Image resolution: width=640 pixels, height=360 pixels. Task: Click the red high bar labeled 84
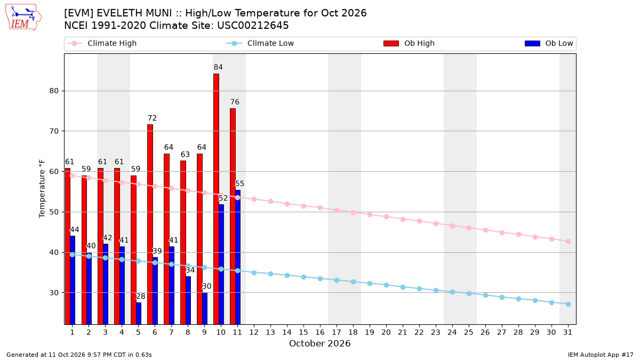(217, 199)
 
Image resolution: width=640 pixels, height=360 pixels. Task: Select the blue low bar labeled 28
(139, 314)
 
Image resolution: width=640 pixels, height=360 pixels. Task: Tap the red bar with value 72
(150, 225)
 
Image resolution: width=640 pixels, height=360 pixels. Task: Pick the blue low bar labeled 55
(238, 257)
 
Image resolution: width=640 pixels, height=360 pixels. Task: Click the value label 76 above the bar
(235, 102)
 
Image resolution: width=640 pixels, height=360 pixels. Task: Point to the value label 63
(185, 155)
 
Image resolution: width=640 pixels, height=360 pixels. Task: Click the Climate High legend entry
(102, 43)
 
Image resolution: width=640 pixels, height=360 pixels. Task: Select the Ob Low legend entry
(549, 43)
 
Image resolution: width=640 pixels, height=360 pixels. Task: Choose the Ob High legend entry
(409, 43)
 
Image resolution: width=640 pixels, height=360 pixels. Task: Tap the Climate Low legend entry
(260, 43)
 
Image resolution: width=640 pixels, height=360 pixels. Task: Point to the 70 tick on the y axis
(54, 131)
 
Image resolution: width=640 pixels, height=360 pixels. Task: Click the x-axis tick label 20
(386, 332)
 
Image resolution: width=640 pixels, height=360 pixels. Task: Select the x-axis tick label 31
(567, 332)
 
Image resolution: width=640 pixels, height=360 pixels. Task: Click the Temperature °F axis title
(42, 189)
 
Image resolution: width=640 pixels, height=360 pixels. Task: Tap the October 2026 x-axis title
(319, 343)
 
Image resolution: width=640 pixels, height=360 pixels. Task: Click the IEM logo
(23, 18)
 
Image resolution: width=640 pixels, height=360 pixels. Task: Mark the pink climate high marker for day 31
(568, 242)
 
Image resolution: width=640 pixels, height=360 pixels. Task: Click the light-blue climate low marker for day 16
(321, 278)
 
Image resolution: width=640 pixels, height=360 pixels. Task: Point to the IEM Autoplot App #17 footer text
(601, 355)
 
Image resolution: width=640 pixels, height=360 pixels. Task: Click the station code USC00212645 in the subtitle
(253, 26)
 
